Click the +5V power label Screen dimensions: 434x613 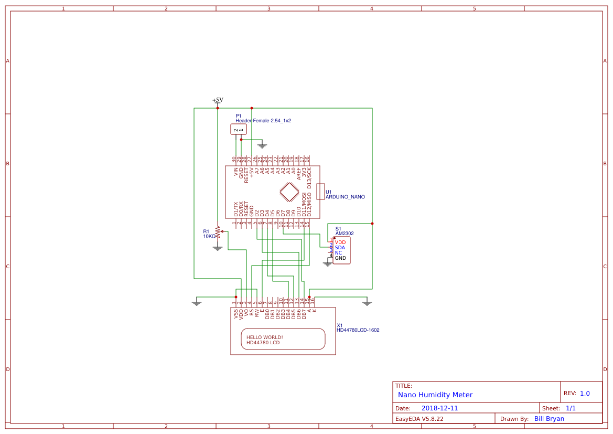point(218,100)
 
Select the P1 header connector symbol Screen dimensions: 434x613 point(239,129)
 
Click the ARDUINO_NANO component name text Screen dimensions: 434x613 point(345,197)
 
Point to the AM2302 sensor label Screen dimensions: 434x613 point(345,233)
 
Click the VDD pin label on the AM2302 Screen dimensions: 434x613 point(340,242)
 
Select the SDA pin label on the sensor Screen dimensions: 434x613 point(340,248)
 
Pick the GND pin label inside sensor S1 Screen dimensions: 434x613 point(340,258)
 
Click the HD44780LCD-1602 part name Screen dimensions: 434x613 point(358,331)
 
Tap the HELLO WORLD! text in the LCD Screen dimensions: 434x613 point(265,337)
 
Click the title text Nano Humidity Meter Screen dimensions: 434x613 point(435,395)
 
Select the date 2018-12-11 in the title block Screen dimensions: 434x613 point(439,408)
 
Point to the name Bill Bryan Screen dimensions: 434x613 point(549,419)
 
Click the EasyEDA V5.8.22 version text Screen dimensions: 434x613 point(419,419)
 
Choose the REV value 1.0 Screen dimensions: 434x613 point(585,394)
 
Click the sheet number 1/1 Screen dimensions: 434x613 point(571,408)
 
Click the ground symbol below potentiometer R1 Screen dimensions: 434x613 point(218,247)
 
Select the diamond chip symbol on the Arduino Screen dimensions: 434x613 point(288,192)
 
